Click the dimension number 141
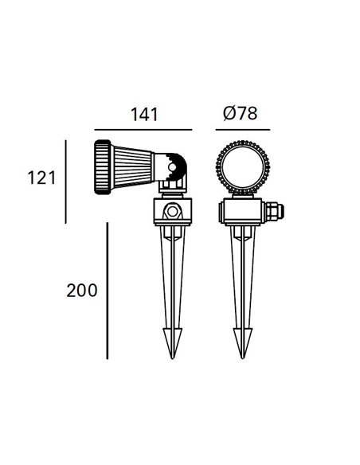(143, 114)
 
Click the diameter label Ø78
(240, 114)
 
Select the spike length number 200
(82, 290)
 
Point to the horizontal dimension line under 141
(143, 130)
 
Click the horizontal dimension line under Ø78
(241, 130)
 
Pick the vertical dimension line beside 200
(107, 290)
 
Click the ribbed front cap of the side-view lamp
(103, 166)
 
